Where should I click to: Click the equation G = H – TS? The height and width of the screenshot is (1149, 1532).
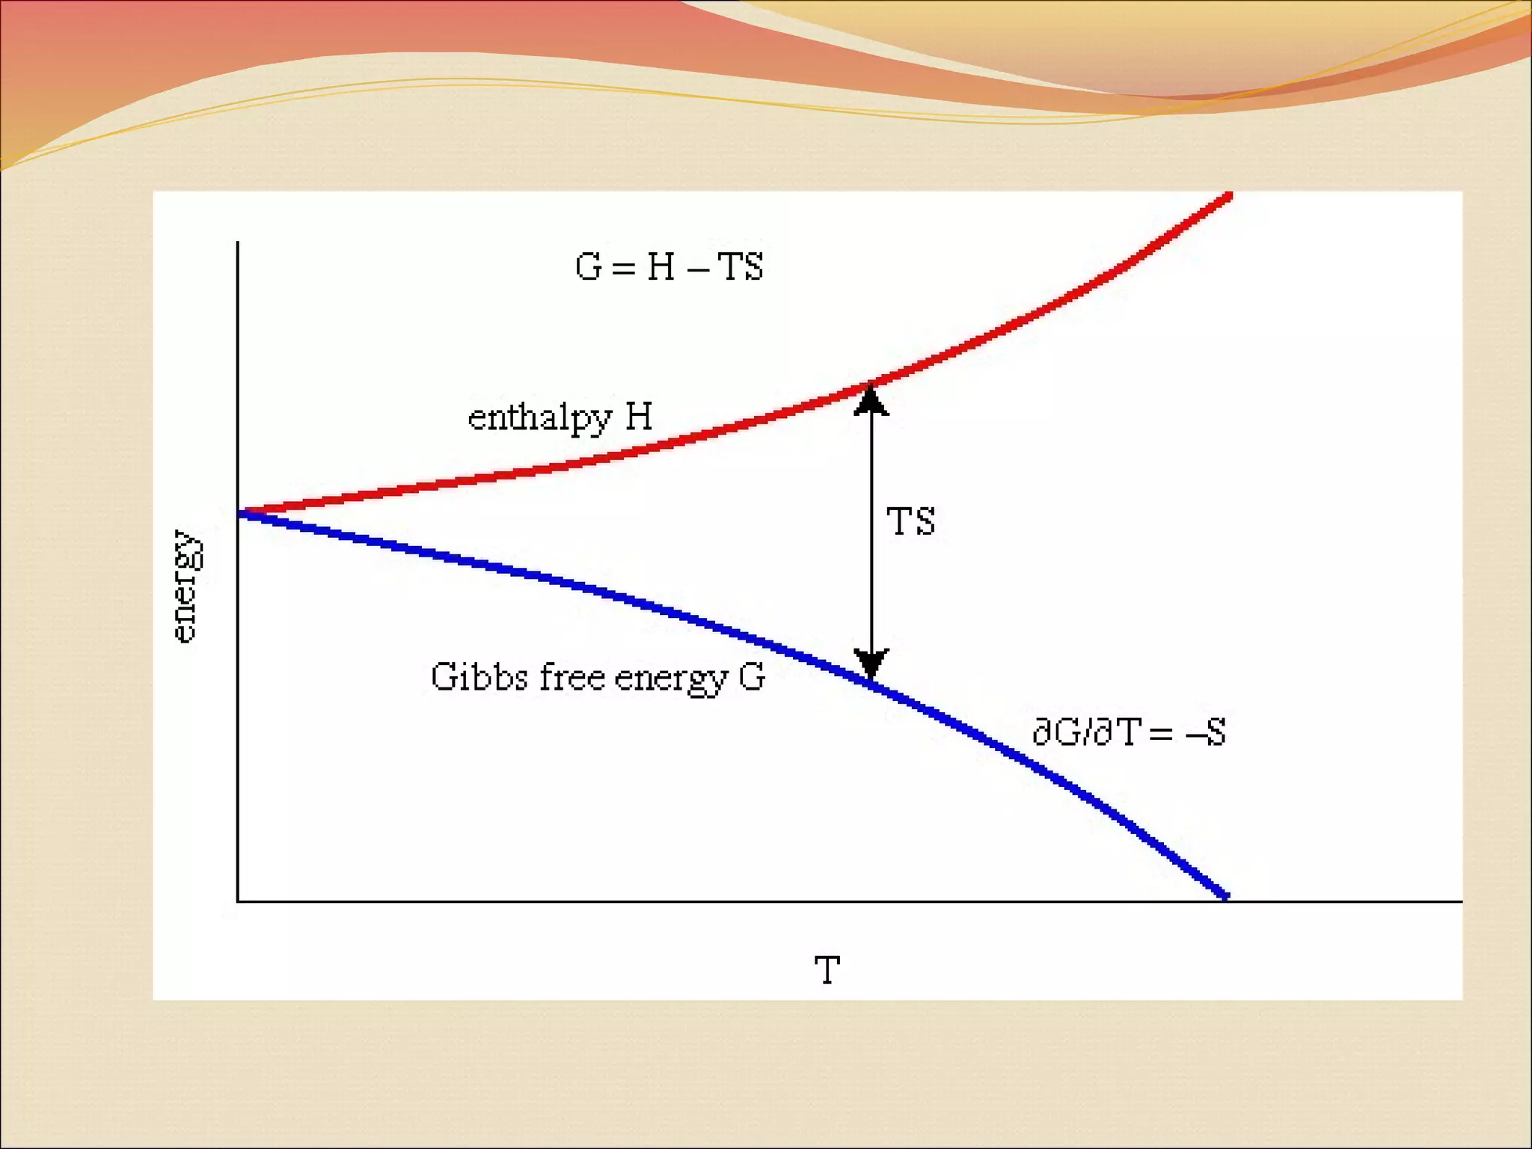tap(669, 267)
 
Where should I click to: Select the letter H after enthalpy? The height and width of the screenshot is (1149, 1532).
tap(638, 416)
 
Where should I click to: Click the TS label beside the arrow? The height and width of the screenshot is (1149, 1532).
tap(910, 521)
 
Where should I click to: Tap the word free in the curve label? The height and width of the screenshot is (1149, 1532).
tap(572, 677)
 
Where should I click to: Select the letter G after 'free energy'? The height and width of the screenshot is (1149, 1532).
tap(752, 677)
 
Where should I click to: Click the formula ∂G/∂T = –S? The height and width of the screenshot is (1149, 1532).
tap(1129, 732)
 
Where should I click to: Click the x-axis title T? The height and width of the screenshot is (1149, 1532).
tap(827, 971)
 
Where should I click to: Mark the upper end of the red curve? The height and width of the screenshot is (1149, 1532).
tap(1228, 195)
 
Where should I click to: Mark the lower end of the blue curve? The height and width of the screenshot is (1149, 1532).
tap(1225, 895)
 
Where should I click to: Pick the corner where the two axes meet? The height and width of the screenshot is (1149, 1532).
tap(238, 901)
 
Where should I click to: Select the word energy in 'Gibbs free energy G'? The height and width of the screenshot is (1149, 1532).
tap(671, 678)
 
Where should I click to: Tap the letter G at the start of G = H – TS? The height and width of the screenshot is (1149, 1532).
tap(588, 267)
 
